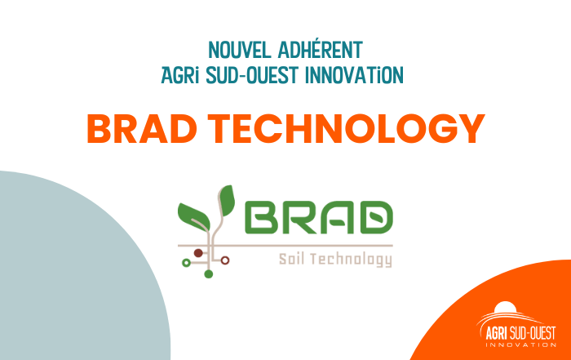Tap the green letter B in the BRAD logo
pos(260,216)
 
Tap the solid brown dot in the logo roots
pos(199,252)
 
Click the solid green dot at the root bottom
pos(209,274)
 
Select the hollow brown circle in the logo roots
pos(226,260)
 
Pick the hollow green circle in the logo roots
pos(186,262)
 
